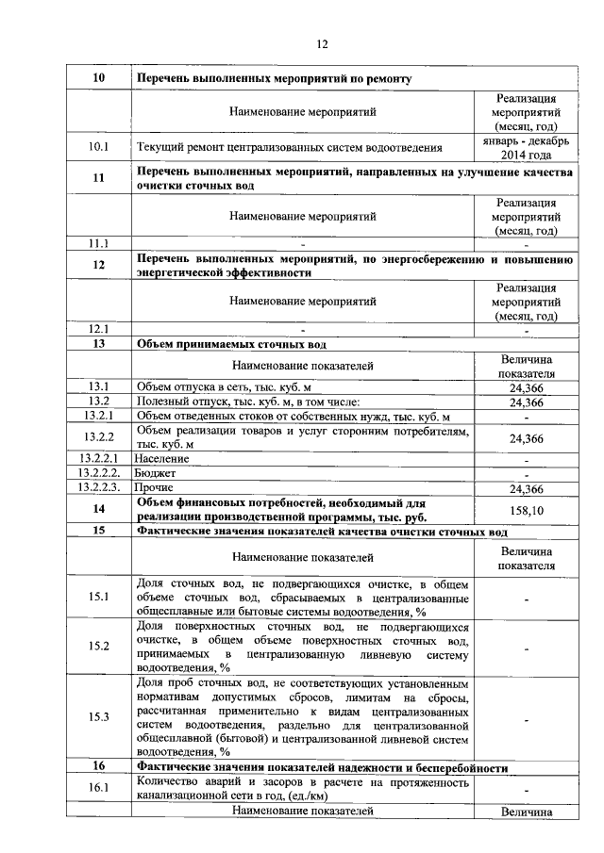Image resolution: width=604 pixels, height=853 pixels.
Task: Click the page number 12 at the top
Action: [x=321, y=44]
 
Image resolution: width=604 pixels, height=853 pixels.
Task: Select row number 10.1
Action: [x=98, y=147]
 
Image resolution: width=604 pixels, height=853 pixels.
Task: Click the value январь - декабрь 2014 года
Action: [x=526, y=147]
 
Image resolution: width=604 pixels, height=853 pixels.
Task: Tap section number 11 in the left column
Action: [x=98, y=178]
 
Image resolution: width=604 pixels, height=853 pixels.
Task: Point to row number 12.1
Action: [x=98, y=329]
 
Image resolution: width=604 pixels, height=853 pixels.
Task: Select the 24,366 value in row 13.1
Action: [x=526, y=387]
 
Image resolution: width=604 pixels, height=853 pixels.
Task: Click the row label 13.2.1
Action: [x=98, y=416]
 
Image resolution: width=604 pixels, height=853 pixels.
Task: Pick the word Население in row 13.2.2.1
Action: [x=162, y=458]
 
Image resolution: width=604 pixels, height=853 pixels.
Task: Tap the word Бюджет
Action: [x=157, y=473]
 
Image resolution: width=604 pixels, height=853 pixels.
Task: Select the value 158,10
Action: [x=526, y=510]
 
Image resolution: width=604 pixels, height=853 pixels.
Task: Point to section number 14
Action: [x=98, y=510]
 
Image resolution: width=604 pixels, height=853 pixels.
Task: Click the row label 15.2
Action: [x=98, y=646]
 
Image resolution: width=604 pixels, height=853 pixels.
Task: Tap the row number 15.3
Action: [x=98, y=716]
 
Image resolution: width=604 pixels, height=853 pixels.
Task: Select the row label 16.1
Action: [x=98, y=787]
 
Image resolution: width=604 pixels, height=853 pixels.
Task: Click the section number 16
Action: [x=98, y=768]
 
